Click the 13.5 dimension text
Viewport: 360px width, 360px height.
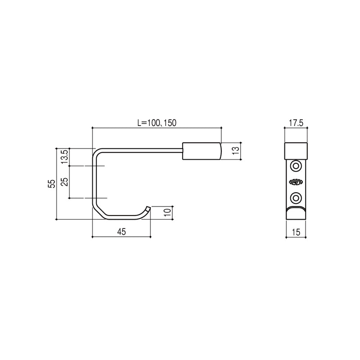tap(64, 157)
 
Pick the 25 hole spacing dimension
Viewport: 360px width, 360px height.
tap(64, 182)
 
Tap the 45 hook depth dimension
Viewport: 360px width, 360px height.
tap(121, 231)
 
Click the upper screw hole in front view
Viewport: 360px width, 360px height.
tap(296, 166)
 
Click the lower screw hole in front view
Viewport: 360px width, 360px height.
tap(296, 197)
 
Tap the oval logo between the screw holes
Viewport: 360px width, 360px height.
tap(296, 182)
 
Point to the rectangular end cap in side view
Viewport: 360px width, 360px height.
tap(202, 151)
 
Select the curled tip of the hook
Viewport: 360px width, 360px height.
tap(147, 209)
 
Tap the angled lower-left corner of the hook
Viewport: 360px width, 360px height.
tap(99, 211)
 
